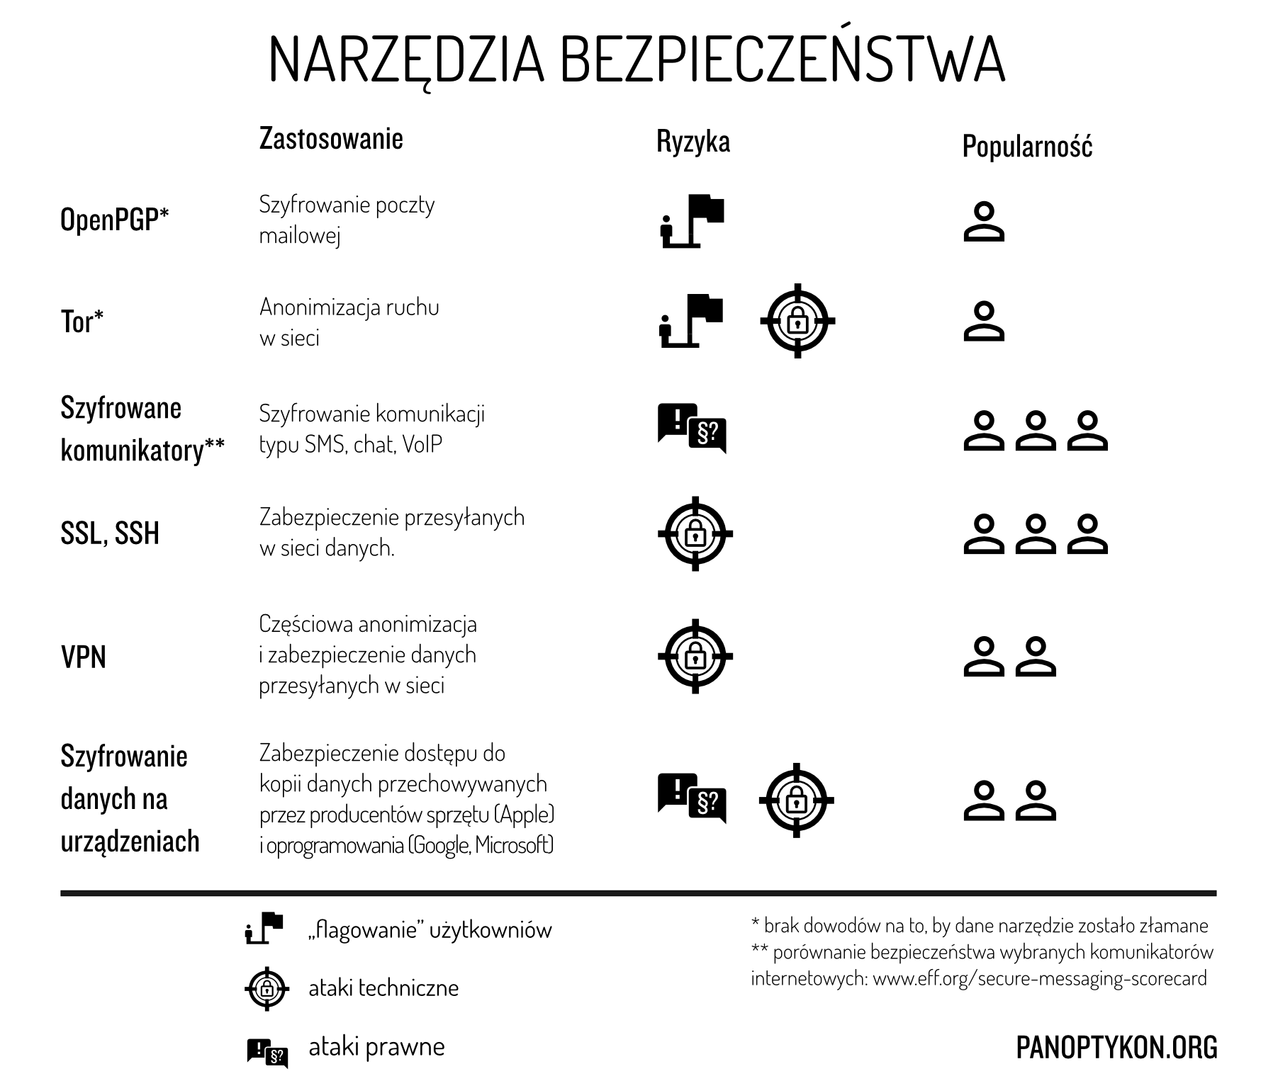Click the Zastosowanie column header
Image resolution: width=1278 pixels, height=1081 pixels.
(331, 138)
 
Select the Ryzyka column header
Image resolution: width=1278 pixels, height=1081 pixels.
(693, 142)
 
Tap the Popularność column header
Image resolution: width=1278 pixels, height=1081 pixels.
(1027, 147)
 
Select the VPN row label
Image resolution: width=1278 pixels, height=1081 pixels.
(84, 657)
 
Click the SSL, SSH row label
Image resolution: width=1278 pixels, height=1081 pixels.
(110, 533)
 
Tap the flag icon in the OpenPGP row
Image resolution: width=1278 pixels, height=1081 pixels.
(692, 220)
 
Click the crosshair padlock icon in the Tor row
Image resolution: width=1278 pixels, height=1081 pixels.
(797, 321)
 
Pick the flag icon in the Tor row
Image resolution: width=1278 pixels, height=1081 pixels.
(692, 321)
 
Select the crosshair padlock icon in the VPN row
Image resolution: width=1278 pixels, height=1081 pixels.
(695, 656)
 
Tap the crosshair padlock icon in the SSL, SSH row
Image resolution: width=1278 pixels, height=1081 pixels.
(695, 533)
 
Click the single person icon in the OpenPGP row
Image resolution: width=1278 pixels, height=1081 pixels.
(984, 222)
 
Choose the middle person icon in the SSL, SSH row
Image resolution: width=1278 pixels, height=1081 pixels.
(1036, 533)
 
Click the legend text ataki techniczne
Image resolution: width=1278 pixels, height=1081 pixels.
(383, 987)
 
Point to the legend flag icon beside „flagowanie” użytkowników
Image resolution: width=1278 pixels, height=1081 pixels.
(264, 929)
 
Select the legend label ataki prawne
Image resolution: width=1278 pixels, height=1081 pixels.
(376, 1046)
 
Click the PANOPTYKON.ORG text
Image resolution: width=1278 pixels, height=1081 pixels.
(1116, 1047)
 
